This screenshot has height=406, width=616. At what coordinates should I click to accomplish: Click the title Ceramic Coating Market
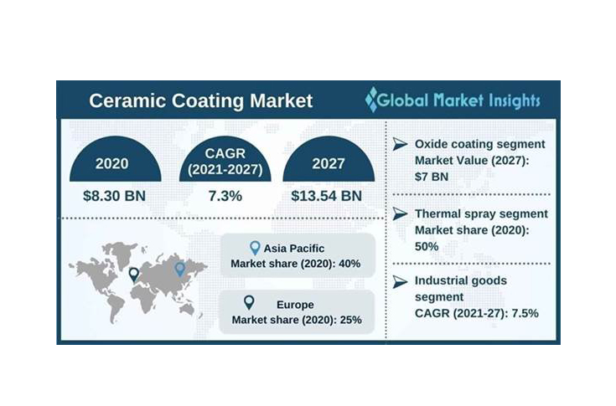point(200,101)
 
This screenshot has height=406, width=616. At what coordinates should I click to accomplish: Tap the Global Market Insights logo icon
point(372,100)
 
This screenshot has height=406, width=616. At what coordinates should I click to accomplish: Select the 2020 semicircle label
point(111,163)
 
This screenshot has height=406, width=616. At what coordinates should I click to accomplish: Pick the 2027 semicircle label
point(327,163)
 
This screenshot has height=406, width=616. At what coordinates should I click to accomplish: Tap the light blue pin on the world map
point(179,268)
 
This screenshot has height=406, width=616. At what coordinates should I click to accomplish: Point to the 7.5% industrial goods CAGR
point(520,312)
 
